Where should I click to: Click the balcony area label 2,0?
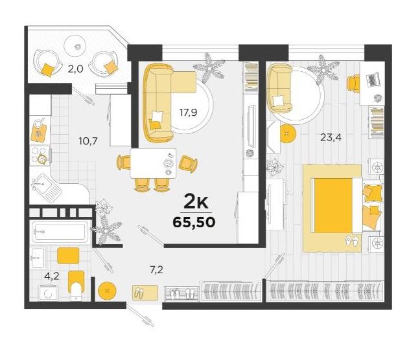coord(75,69)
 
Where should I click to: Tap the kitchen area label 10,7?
coord(88,141)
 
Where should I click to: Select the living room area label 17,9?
coord(188,113)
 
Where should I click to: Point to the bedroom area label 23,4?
coord(331,137)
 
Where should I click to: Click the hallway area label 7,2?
coord(156,270)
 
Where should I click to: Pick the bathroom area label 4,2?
coord(52,276)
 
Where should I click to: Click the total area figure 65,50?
coord(194,222)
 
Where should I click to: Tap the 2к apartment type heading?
coord(195,203)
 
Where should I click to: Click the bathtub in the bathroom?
coord(61,232)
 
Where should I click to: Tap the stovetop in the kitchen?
coord(40,155)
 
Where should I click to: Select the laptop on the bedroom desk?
coord(373,79)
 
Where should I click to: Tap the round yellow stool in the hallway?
coord(107,291)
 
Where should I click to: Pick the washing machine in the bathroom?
coord(48,293)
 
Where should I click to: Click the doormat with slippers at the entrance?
coord(145,293)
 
